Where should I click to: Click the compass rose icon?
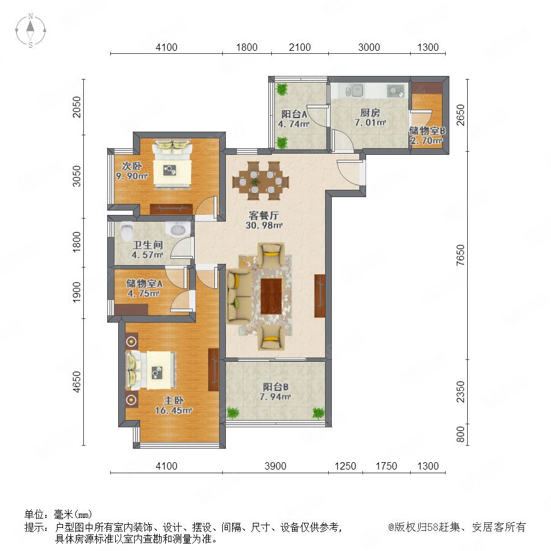coord(31,31)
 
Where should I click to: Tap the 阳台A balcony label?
coord(294,114)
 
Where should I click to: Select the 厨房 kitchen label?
coord(370,113)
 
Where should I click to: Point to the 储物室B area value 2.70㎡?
coord(426,141)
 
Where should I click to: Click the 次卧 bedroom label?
coord(132,166)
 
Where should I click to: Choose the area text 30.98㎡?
coord(264,225)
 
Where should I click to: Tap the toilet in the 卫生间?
coord(126,231)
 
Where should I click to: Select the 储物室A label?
coord(144,283)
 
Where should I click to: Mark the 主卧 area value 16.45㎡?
coord(173,410)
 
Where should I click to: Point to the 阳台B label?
coord(275,387)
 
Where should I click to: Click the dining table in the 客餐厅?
coord(260,181)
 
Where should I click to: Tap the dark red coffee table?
coord(271,296)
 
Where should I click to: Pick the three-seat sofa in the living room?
coord(239,296)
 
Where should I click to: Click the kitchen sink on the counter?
coord(354,91)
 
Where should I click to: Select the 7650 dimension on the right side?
coord(460,255)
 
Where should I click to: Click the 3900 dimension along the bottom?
coord(275,466)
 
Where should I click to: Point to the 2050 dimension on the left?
coord(77,107)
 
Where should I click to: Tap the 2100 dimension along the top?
coord(300,47)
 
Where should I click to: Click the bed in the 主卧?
coord(151,370)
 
